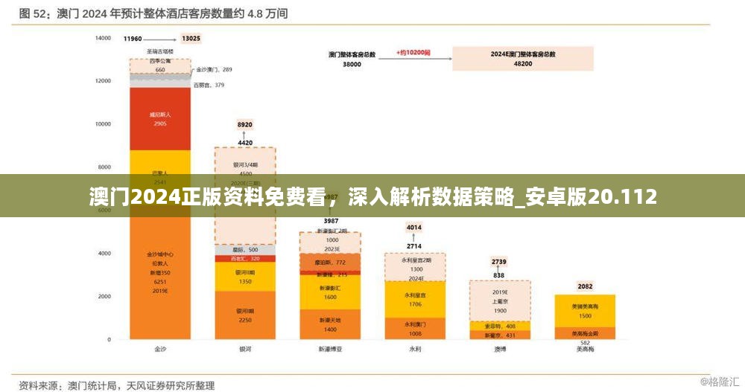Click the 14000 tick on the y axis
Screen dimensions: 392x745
pos(102,38)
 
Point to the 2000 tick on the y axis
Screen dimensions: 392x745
pos(104,296)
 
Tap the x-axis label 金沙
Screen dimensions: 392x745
pos(160,348)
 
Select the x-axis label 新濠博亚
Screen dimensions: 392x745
pos(329,348)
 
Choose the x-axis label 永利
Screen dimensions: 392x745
pos(414,348)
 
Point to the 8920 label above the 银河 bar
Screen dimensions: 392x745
pos(245,124)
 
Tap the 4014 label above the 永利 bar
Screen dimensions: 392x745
pos(414,228)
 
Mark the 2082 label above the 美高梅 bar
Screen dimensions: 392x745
pos(585,286)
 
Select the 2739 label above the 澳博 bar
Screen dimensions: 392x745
pos(499,262)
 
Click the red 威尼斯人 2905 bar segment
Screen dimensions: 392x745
pos(160,119)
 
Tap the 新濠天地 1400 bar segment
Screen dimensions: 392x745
pos(329,324)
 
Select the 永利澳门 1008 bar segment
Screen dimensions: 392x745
pos(414,329)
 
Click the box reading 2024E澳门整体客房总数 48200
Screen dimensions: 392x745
pos(522,59)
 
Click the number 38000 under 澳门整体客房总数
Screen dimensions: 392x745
pos(352,65)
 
